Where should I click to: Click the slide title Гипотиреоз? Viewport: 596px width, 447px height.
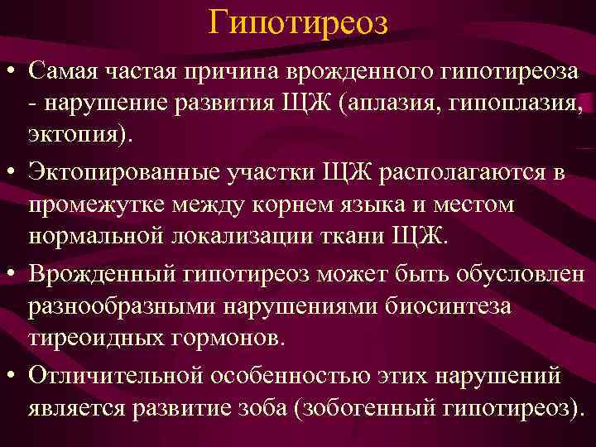pos(297,22)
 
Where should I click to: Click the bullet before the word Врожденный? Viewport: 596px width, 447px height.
pos(13,274)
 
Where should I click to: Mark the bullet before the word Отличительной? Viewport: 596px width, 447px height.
pos(13,376)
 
